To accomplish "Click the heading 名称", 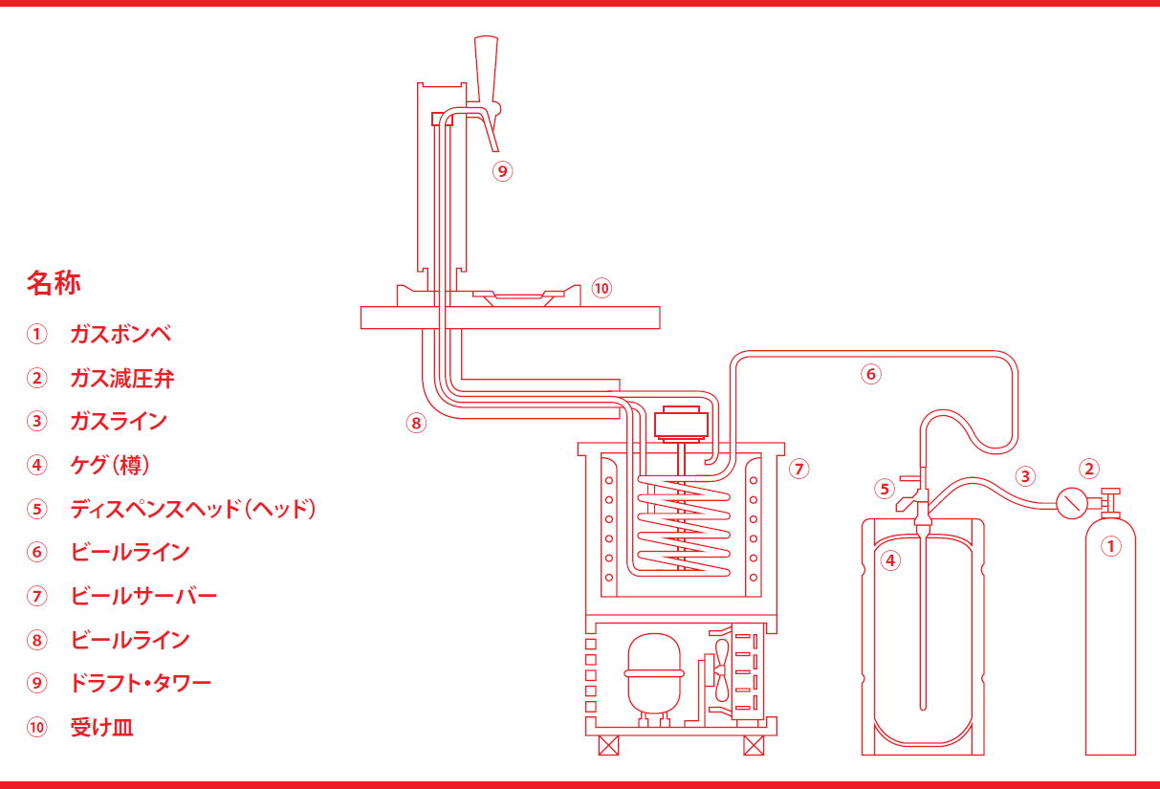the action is [x=54, y=283].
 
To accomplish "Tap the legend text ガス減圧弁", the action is [x=121, y=379].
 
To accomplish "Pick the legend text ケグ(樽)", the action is [x=110, y=466].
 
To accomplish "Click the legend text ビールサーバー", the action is [x=143, y=596].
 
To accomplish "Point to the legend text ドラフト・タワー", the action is [x=141, y=683].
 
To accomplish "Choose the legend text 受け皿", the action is [x=101, y=728].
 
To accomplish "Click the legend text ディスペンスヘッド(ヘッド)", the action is [x=192, y=509].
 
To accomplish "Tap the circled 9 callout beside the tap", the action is [x=503, y=171].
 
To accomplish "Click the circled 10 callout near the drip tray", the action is [x=601, y=288].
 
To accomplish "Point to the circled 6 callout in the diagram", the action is [x=870, y=374].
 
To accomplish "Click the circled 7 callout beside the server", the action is [x=799, y=469].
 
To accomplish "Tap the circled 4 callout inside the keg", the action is [x=891, y=560].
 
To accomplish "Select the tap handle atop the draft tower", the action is [x=485, y=66].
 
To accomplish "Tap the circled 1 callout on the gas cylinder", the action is [x=1110, y=548].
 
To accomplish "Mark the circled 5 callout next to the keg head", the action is [x=885, y=489].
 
